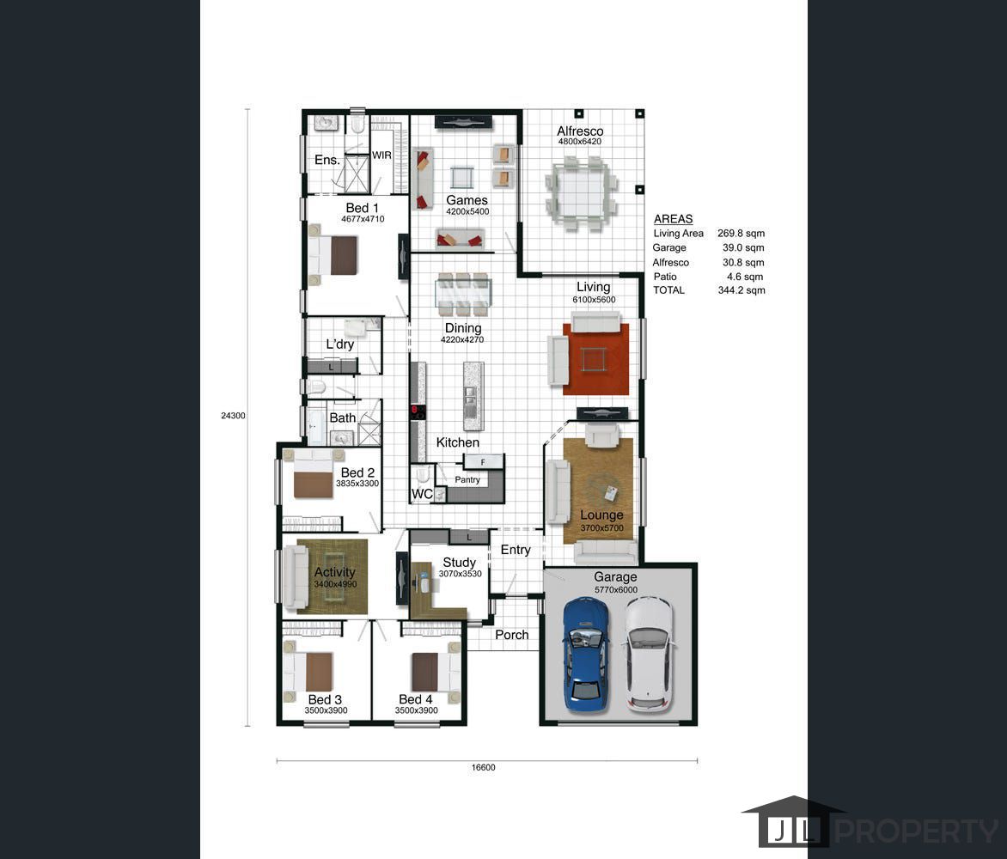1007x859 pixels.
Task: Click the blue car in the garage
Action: coord(586,655)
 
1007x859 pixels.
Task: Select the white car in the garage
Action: coord(650,655)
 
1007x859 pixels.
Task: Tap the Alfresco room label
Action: coord(580,131)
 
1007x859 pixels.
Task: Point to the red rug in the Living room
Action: coord(596,360)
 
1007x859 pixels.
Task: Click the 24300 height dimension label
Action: coord(233,416)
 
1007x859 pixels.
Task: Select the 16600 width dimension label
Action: coord(483,767)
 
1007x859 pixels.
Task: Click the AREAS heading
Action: coord(673,219)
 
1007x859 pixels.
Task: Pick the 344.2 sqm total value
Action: coord(742,290)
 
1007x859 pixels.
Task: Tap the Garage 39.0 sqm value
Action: coord(743,247)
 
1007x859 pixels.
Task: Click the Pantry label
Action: coord(467,479)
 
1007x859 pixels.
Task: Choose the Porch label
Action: coord(512,635)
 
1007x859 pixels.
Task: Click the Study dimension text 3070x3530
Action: coord(460,574)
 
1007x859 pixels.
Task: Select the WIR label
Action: coord(381,155)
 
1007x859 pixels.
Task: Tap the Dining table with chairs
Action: coord(463,294)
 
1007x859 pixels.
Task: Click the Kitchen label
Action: coord(457,442)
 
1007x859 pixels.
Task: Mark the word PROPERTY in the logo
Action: coord(917,832)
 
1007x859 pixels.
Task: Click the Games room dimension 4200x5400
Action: coord(467,211)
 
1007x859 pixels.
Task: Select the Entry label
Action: coord(516,550)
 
